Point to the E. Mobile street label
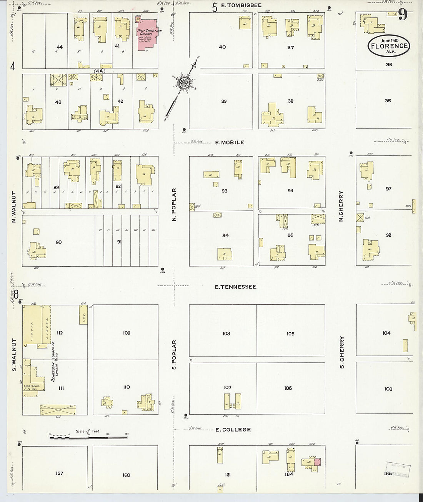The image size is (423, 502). pos(230,142)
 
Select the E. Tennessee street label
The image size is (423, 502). pos(235,287)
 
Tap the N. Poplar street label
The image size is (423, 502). pos(174,204)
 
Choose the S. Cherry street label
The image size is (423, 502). pos(341,352)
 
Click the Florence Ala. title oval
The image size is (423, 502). pos(388,45)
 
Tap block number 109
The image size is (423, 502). pos(127,333)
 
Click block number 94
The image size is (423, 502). pos(225,235)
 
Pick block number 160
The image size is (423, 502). pos(127,475)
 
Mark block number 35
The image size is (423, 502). pos(388,100)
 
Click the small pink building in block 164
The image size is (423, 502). pos(318,462)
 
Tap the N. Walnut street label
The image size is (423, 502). pos(14,208)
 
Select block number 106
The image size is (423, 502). pos(288,388)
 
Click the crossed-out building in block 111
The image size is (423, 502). pos(58,410)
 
